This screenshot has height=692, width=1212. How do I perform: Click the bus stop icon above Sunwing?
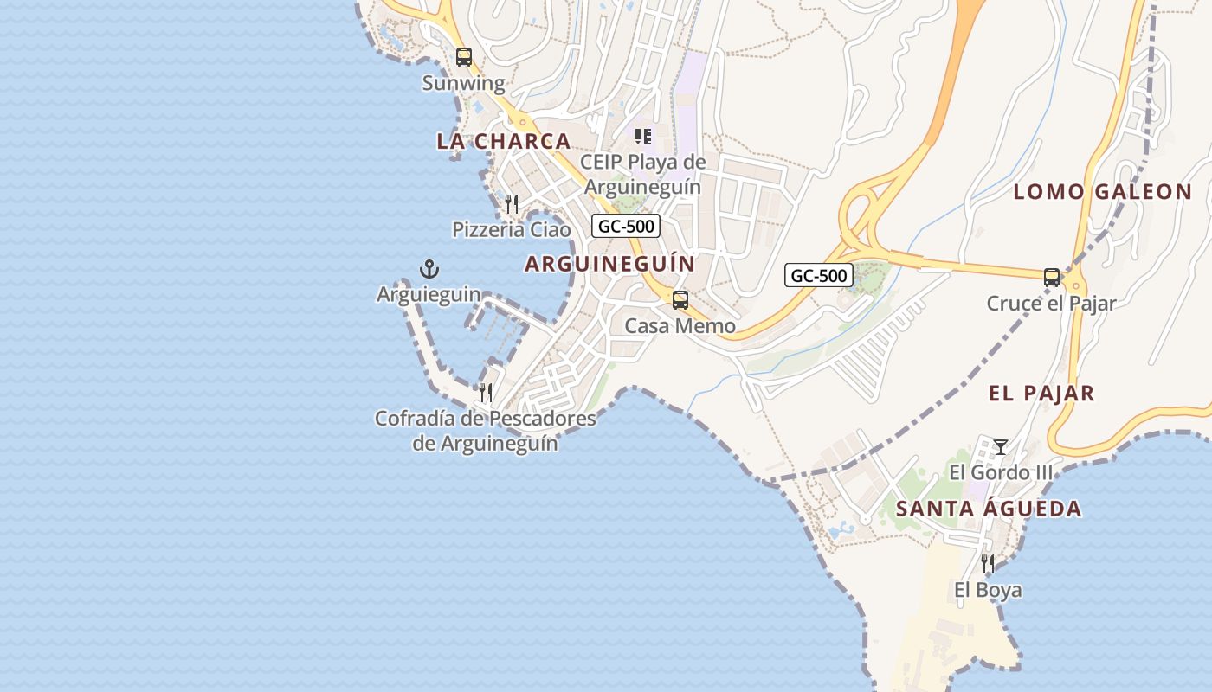[x=464, y=57]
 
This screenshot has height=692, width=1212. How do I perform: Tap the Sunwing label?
[x=463, y=83]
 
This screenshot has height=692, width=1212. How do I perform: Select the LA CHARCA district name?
[x=503, y=141]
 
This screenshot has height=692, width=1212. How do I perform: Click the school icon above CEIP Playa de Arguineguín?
[x=642, y=137]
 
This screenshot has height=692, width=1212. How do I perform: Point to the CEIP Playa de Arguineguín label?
[x=642, y=174]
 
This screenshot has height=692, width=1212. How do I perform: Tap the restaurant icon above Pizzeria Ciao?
[x=512, y=204]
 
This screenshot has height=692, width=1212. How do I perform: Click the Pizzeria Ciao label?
[x=512, y=229]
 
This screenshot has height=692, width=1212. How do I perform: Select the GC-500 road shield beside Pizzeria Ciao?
[x=626, y=227]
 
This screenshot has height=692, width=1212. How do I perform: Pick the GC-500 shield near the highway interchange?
[x=819, y=276]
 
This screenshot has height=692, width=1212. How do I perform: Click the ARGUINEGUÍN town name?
[x=609, y=264]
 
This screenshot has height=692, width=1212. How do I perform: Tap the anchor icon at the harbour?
[x=429, y=269]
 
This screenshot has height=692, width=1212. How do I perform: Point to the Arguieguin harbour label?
[x=429, y=294]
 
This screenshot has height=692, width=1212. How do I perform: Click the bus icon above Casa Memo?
[x=680, y=300]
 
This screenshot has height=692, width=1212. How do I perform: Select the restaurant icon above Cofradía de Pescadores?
[x=486, y=393]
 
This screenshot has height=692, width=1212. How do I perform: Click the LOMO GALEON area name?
[x=1102, y=192]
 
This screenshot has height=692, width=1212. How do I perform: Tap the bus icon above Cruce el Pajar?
[x=1052, y=278]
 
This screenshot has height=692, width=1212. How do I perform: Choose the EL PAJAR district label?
[x=1041, y=394]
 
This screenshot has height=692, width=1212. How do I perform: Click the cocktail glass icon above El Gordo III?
[x=1001, y=447]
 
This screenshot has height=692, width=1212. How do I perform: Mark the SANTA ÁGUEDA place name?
[x=989, y=509]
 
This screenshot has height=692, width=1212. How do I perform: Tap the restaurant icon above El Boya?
[x=988, y=564]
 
